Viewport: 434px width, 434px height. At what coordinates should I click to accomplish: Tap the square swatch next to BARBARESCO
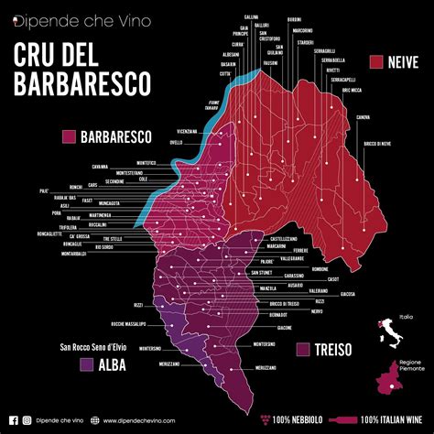pyautogui.click(x=68, y=137)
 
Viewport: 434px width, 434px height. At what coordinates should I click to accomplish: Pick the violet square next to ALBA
pyautogui.click(x=87, y=364)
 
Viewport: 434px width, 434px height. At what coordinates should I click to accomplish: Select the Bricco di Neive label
pyautogui.click(x=377, y=146)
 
